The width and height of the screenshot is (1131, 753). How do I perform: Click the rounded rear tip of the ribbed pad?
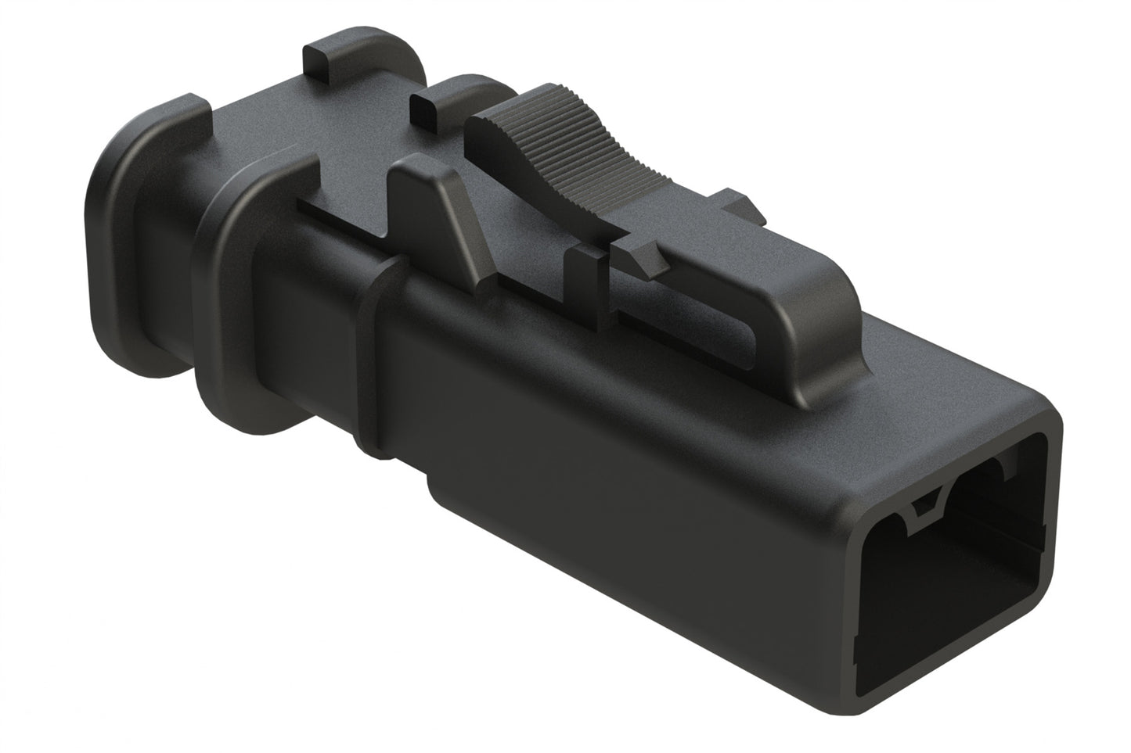477,129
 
